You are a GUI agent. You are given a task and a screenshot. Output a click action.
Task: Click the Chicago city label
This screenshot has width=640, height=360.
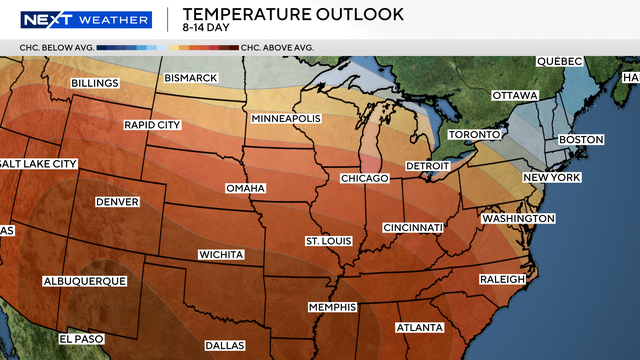pos(363,178)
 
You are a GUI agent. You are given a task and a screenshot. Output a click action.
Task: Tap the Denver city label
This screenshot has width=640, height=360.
pos(116,202)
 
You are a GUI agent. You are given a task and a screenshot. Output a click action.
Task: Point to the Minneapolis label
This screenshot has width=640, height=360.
pos(286,119)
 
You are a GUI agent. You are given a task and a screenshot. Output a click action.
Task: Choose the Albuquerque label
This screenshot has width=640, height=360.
pos(85,282)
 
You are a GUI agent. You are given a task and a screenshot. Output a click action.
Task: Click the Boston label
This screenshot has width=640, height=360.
pos(581,139)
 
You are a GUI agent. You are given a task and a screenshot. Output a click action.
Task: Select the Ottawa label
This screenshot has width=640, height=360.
pos(514,96)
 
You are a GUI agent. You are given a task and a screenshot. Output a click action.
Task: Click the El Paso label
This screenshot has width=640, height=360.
pos(81,339)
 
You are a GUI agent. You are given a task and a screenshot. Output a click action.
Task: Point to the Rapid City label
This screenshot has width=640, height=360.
pos(153,125)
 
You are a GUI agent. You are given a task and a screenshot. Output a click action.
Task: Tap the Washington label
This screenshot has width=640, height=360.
pos(517,218)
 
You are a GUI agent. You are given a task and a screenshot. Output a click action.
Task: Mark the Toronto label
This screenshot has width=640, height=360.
pos(473,135)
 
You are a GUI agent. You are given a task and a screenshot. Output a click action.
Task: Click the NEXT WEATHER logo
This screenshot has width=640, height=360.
pos(87,20)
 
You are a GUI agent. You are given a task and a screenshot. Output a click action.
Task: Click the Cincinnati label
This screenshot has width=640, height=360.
pos(411,228)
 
